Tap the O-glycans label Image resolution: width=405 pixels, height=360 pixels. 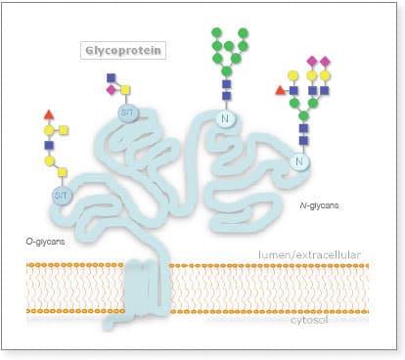click(x=46, y=240)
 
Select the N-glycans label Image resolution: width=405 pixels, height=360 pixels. click(x=318, y=207)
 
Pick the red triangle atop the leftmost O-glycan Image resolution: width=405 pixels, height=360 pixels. click(x=52, y=114)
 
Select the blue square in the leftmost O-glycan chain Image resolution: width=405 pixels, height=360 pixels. click(x=52, y=144)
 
